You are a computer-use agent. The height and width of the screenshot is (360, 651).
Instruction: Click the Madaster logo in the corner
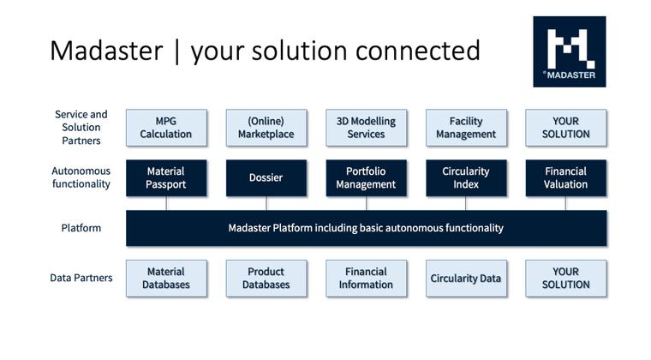pyautogui.click(x=569, y=51)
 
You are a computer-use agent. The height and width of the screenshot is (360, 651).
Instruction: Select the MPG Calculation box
pyautogui.click(x=166, y=128)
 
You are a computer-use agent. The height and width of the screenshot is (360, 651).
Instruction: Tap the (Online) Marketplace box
pyautogui.click(x=266, y=128)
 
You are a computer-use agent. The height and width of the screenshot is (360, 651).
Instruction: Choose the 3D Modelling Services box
pyautogui.click(x=366, y=128)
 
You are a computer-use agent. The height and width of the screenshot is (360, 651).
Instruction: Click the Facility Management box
pyautogui.click(x=466, y=128)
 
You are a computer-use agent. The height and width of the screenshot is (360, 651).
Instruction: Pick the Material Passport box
pyautogui.click(x=166, y=177)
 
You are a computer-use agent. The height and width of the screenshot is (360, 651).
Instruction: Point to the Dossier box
pyautogui.click(x=266, y=177)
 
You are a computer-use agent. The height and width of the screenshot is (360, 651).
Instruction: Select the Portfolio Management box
pyautogui.click(x=366, y=177)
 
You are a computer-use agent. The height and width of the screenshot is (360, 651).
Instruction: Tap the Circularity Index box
pyautogui.click(x=466, y=177)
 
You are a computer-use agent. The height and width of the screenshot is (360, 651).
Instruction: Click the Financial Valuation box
pyautogui.click(x=565, y=177)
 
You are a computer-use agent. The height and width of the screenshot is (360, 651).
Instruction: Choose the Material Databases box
pyautogui.click(x=166, y=279)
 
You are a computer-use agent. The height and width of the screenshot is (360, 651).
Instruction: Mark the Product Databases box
pyautogui.click(x=266, y=279)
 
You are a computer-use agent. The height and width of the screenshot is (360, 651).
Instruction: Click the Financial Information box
pyautogui.click(x=366, y=279)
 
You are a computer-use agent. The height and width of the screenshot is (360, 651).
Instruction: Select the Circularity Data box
pyautogui.click(x=466, y=279)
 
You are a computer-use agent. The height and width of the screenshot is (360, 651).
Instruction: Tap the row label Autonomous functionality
pyautogui.click(x=81, y=177)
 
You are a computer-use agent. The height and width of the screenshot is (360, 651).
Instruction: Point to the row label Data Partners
pyautogui.click(x=81, y=278)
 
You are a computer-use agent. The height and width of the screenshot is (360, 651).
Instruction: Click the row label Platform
pyautogui.click(x=81, y=228)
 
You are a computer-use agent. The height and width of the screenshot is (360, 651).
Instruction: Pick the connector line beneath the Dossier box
pyautogui.click(x=266, y=203)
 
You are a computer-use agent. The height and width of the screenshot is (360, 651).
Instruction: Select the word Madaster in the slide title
pyautogui.click(x=105, y=51)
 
